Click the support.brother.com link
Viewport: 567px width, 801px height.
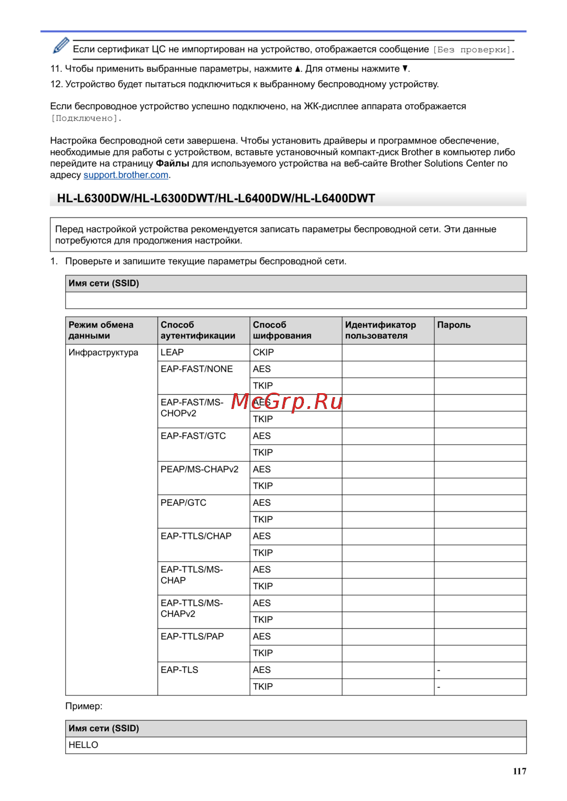(126, 175)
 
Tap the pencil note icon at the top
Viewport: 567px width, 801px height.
(61, 46)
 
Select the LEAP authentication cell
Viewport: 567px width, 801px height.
(172, 352)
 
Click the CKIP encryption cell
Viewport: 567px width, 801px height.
(263, 352)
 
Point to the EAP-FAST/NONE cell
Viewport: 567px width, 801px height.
(196, 369)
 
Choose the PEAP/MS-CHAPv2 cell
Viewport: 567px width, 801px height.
(199, 470)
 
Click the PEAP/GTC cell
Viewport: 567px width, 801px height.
(183, 503)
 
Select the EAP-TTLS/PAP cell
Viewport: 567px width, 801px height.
(192, 637)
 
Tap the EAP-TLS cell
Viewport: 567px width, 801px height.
(179, 670)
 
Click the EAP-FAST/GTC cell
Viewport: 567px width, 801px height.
(193, 436)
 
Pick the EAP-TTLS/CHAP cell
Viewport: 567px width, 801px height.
(196, 536)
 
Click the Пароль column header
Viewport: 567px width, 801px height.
(454, 325)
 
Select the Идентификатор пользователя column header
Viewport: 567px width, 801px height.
(380, 330)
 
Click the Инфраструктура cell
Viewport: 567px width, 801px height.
(103, 352)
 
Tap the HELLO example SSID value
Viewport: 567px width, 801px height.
(83, 745)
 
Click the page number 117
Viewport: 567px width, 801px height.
(519, 771)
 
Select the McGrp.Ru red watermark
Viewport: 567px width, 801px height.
(287, 402)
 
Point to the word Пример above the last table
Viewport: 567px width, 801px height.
(83, 706)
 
